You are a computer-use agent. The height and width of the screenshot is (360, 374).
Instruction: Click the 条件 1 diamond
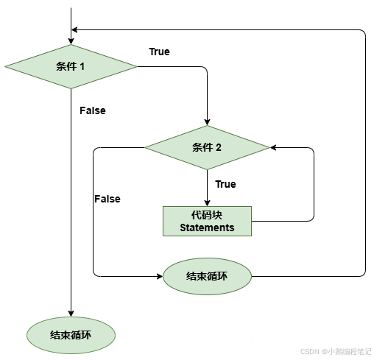pyautogui.click(x=71, y=66)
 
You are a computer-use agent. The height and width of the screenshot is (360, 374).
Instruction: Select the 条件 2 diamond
pyautogui.click(x=207, y=147)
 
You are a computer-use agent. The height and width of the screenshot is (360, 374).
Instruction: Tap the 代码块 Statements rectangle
pyautogui.click(x=207, y=221)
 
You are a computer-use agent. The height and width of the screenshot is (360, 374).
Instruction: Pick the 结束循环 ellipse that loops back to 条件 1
pyautogui.click(x=207, y=276)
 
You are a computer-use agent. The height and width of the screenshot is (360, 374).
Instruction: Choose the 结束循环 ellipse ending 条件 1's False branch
pyautogui.click(x=71, y=335)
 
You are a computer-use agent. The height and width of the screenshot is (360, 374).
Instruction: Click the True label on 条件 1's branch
pyautogui.click(x=159, y=52)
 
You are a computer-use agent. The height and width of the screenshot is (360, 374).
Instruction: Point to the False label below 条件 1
pyautogui.click(x=93, y=110)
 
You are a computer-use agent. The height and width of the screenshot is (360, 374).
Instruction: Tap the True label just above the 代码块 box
pyautogui.click(x=225, y=184)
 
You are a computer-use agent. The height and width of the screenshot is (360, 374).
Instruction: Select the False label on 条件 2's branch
pyautogui.click(x=107, y=199)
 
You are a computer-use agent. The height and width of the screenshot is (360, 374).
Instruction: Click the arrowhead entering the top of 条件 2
pyautogui.click(x=207, y=121)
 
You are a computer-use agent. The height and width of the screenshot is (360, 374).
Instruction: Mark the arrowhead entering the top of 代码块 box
pyautogui.click(x=207, y=202)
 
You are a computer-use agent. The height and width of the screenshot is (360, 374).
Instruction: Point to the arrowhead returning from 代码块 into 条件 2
pyautogui.click(x=274, y=147)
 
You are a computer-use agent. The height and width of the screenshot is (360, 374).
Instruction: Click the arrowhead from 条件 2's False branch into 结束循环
pyautogui.click(x=160, y=276)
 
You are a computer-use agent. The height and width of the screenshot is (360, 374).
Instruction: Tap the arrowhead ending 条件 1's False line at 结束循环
pyautogui.click(x=71, y=314)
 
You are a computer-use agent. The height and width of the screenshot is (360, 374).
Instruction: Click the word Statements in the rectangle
pyautogui.click(x=207, y=227)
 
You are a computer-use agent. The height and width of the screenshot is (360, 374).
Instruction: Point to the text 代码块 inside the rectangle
pyautogui.click(x=207, y=214)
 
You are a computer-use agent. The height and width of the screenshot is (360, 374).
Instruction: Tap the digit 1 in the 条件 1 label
pyautogui.click(x=82, y=66)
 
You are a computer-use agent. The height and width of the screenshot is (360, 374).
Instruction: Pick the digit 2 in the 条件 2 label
pyautogui.click(x=219, y=147)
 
